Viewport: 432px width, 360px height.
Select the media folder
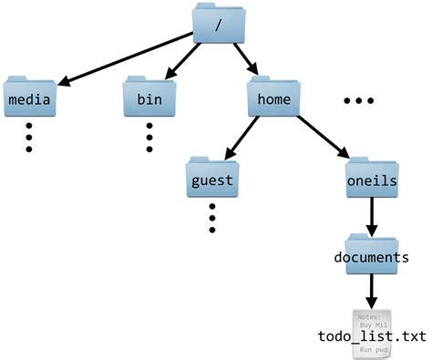pyautogui.click(x=28, y=96)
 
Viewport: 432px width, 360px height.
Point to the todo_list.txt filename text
pyautogui.click(x=372, y=338)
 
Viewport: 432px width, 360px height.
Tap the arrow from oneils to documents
pyautogui.click(x=372, y=216)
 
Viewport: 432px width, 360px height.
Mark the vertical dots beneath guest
pyautogui.click(x=211, y=217)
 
